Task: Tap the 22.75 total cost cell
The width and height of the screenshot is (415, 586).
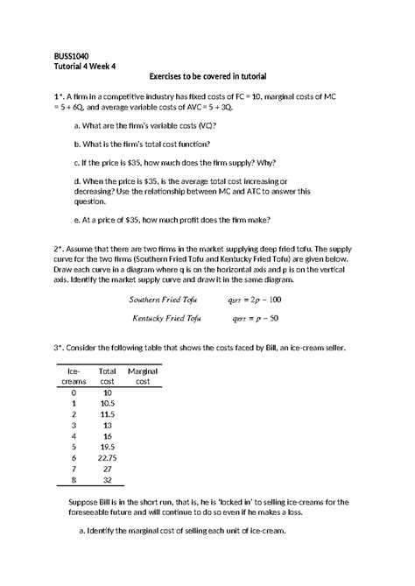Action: tap(108, 456)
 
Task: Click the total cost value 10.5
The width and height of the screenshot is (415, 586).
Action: tap(108, 404)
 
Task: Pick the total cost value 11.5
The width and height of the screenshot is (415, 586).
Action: tap(108, 414)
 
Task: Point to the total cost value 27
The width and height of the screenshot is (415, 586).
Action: tap(108, 468)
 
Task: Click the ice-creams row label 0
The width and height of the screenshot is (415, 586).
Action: tap(74, 393)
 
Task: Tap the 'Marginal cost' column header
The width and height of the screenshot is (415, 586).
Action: tap(143, 378)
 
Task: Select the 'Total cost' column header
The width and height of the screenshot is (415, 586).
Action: tap(108, 378)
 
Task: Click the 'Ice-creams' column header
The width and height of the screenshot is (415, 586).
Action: tap(74, 378)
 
